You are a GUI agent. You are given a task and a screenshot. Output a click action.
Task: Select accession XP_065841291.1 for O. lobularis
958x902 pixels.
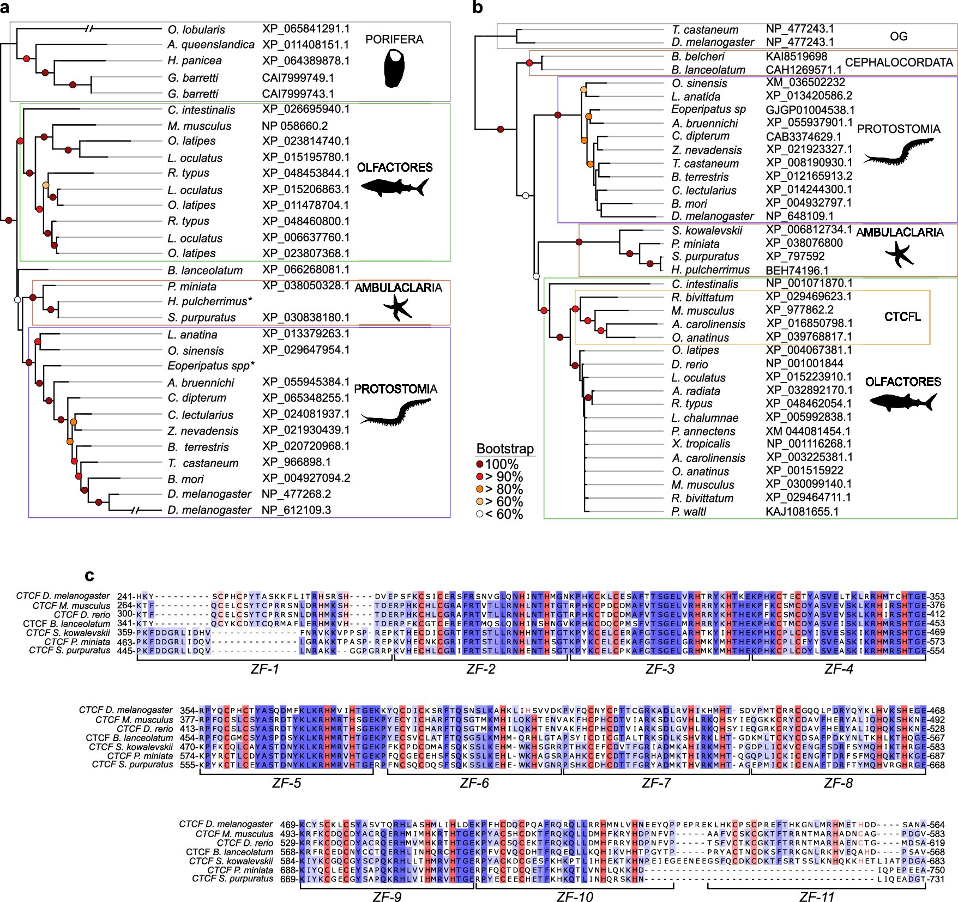(x=305, y=29)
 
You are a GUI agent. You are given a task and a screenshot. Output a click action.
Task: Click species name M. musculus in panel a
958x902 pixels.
(x=200, y=126)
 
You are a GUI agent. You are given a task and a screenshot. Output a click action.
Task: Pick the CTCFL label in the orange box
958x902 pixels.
(x=902, y=317)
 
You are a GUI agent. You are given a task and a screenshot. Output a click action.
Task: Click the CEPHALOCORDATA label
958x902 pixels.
(x=899, y=63)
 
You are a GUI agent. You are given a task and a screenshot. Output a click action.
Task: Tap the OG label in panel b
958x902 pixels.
(x=899, y=37)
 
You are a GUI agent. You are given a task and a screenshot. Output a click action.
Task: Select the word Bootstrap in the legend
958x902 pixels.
(x=505, y=449)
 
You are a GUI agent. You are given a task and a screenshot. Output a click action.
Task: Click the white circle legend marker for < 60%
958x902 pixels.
(x=481, y=514)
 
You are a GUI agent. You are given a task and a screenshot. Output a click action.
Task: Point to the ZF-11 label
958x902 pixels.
(x=816, y=897)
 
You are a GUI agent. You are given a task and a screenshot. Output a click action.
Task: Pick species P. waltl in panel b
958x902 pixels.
(x=689, y=512)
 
